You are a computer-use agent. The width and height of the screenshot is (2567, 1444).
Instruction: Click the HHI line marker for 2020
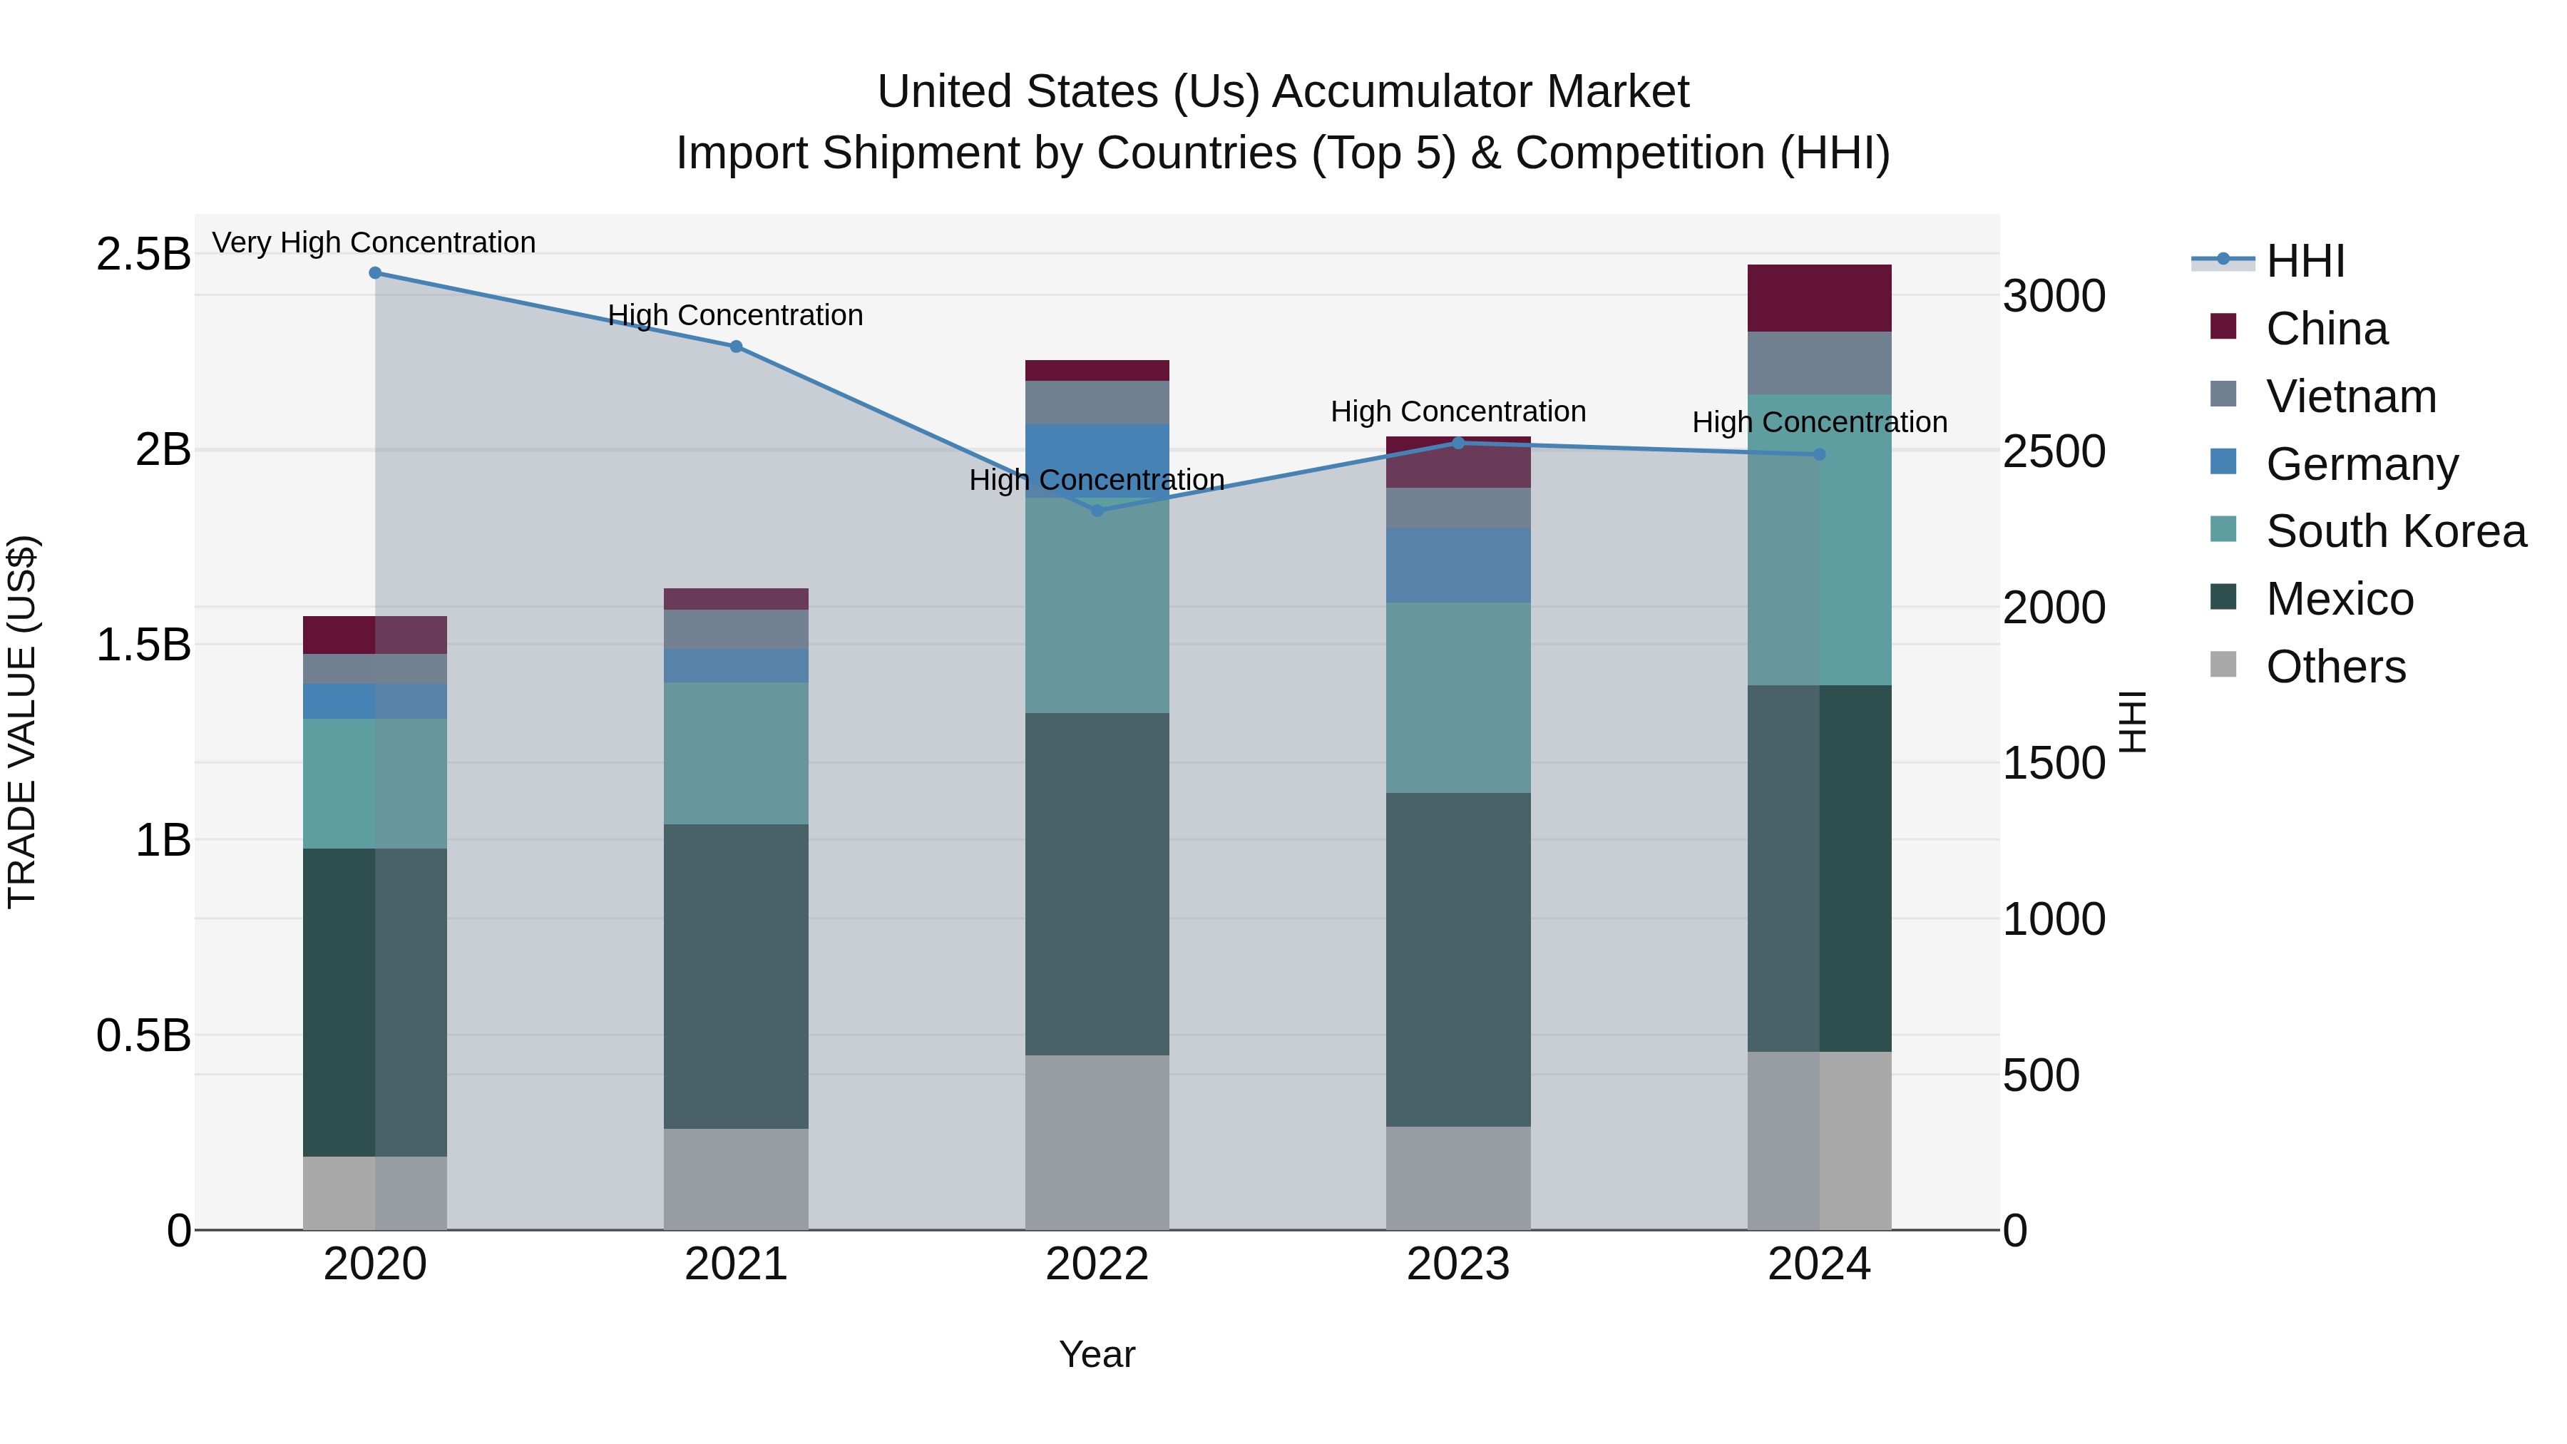tap(374, 273)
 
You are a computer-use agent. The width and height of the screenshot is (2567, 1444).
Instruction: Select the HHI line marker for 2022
tap(1097, 511)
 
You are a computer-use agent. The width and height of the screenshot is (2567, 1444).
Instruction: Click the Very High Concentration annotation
tap(374, 242)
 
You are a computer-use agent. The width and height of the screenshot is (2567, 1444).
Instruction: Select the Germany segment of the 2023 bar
tap(1458, 565)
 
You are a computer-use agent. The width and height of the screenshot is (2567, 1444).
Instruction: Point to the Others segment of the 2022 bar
tap(1097, 1142)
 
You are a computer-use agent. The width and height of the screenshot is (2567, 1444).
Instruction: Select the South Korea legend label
tap(2396, 531)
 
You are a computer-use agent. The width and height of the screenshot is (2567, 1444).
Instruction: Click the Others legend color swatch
tap(2223, 665)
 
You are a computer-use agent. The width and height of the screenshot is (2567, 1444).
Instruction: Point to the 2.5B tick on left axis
tap(143, 254)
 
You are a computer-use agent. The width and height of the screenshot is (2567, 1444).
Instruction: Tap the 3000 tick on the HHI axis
tap(2054, 296)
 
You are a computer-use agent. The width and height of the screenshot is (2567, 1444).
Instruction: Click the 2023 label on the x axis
tap(1458, 1264)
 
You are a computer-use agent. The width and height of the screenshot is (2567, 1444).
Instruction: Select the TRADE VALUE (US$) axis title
tap(22, 722)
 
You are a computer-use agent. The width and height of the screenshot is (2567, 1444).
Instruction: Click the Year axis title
tap(1097, 1354)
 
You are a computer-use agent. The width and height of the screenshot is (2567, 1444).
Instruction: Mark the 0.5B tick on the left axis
tap(143, 1035)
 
